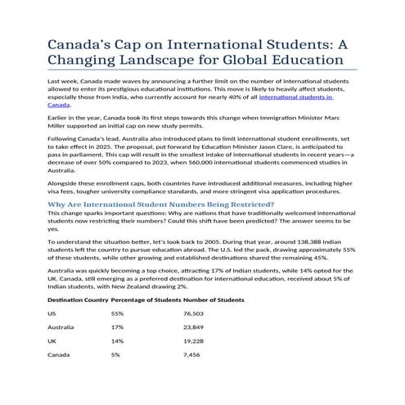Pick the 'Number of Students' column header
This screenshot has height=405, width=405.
point(214,299)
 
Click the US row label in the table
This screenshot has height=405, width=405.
point(52,313)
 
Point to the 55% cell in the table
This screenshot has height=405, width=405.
point(117,313)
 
